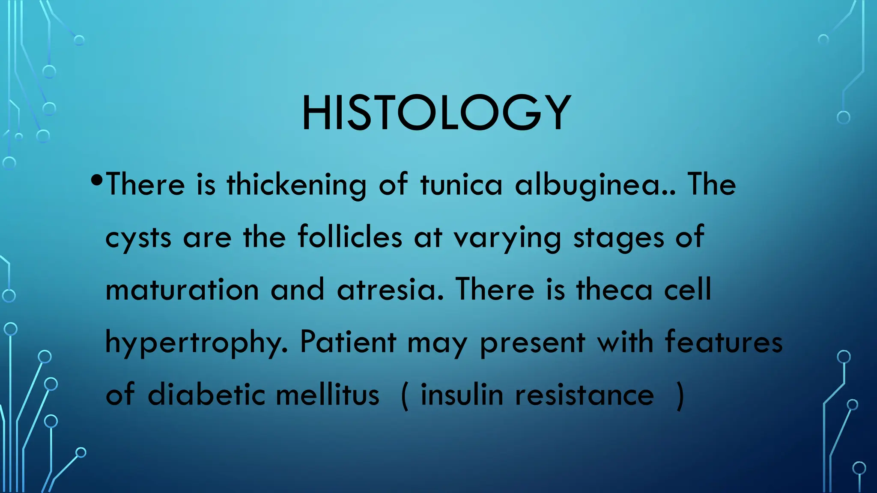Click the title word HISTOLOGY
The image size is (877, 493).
(436, 113)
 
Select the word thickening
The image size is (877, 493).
(296, 185)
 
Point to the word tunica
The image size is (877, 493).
(461, 185)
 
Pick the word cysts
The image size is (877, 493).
(138, 238)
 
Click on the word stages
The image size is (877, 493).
(618, 238)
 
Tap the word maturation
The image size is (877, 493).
(182, 290)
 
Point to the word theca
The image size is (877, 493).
(614, 290)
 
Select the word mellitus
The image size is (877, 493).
(328, 394)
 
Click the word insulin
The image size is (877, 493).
(462, 394)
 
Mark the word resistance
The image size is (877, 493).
(584, 394)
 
